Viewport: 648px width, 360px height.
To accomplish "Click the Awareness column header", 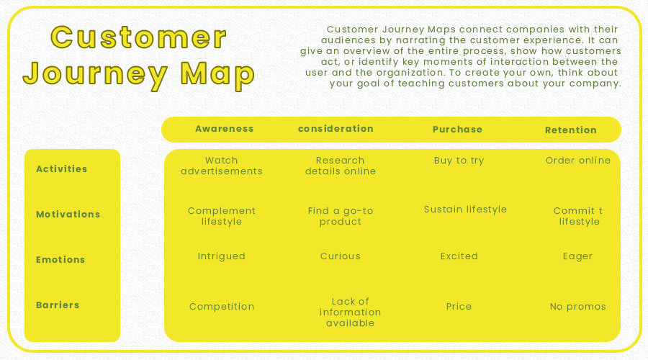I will coord(225,129).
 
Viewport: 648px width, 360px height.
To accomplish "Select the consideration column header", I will coord(336,129).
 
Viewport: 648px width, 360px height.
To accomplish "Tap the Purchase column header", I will coord(457,130).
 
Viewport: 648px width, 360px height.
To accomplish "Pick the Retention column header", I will coord(570,130).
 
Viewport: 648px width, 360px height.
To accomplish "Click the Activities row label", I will coord(62,169).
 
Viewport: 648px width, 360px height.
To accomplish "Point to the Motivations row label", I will coord(68,215).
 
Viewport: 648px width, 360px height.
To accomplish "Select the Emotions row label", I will coord(60,260).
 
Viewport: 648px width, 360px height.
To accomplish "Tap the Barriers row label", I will coord(58,305).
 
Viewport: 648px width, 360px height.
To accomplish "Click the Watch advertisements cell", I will coord(222,166).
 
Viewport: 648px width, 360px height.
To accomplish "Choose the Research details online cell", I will coord(341,166).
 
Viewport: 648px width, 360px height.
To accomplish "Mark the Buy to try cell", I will coord(459,161).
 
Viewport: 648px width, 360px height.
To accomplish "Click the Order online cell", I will coord(577,161).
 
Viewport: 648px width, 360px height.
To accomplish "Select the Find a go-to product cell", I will coord(341,216).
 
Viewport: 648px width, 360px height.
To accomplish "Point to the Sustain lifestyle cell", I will coord(465,210).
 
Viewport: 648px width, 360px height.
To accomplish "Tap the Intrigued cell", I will coord(222,256).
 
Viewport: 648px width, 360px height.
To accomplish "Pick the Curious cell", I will coord(341,256).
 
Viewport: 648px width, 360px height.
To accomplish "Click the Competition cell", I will coord(222,307).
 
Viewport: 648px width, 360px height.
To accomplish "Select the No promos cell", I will coord(577,307).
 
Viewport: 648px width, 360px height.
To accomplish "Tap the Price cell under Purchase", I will coord(459,307).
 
